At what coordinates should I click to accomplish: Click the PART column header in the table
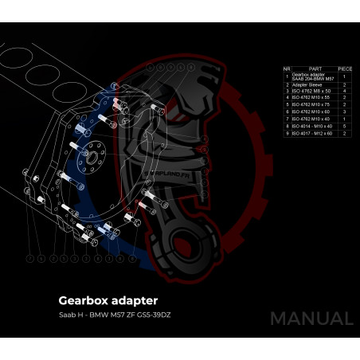click(x=314, y=69)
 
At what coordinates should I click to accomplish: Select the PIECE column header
click(x=345, y=69)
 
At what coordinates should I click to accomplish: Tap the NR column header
click(x=287, y=69)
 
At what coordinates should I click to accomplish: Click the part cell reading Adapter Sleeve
click(x=305, y=84)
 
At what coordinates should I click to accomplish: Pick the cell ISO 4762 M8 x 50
click(x=309, y=91)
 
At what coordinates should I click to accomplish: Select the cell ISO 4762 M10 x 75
click(x=310, y=105)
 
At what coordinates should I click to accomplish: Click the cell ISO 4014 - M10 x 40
click(x=311, y=126)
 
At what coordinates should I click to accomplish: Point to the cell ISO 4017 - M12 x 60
click(x=311, y=133)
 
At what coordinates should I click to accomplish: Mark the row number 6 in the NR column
click(x=287, y=112)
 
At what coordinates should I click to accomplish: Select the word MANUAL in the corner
click(x=311, y=319)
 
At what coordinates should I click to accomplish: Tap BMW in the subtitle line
click(x=101, y=316)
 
